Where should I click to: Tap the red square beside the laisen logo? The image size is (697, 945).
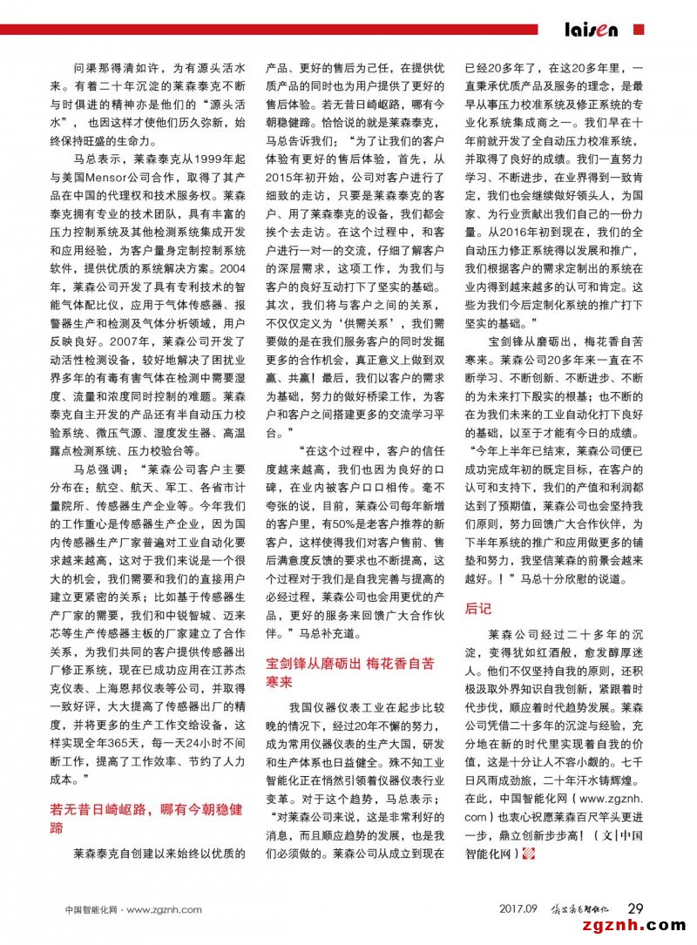(x=638, y=29)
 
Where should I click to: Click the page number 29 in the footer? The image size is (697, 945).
(x=635, y=908)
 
